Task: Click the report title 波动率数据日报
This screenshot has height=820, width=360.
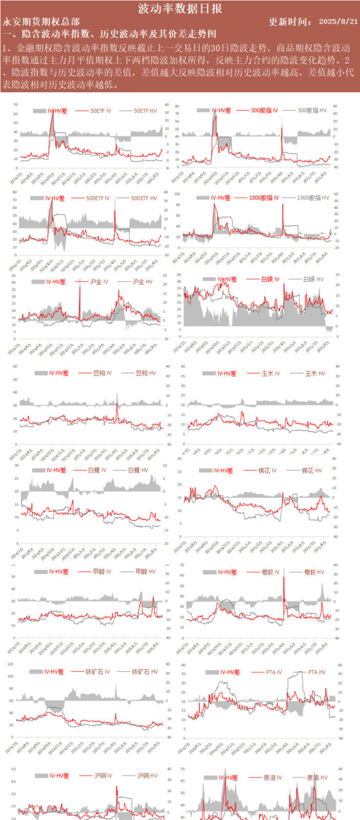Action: click(x=180, y=8)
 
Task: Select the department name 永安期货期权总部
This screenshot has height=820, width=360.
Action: click(x=41, y=21)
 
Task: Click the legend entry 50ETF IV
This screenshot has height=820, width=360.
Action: click(x=100, y=111)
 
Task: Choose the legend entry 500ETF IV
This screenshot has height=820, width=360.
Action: click(x=98, y=198)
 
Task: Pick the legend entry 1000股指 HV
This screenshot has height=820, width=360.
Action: click(x=313, y=198)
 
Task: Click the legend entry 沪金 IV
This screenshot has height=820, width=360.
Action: click(x=99, y=282)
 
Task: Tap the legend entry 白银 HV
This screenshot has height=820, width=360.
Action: click(x=313, y=279)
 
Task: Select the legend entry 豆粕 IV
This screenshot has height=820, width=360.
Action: click(x=102, y=373)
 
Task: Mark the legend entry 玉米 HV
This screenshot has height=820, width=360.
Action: click(x=315, y=373)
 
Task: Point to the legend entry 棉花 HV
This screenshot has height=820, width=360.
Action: click(x=311, y=471)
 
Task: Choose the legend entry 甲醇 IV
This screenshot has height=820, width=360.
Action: click(x=101, y=571)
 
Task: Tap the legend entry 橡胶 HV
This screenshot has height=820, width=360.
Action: click(x=314, y=572)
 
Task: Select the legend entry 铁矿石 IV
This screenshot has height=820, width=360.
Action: click(x=97, y=672)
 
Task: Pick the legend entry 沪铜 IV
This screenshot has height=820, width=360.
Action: click(x=103, y=776)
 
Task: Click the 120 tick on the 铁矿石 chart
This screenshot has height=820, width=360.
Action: click(x=10, y=664)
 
